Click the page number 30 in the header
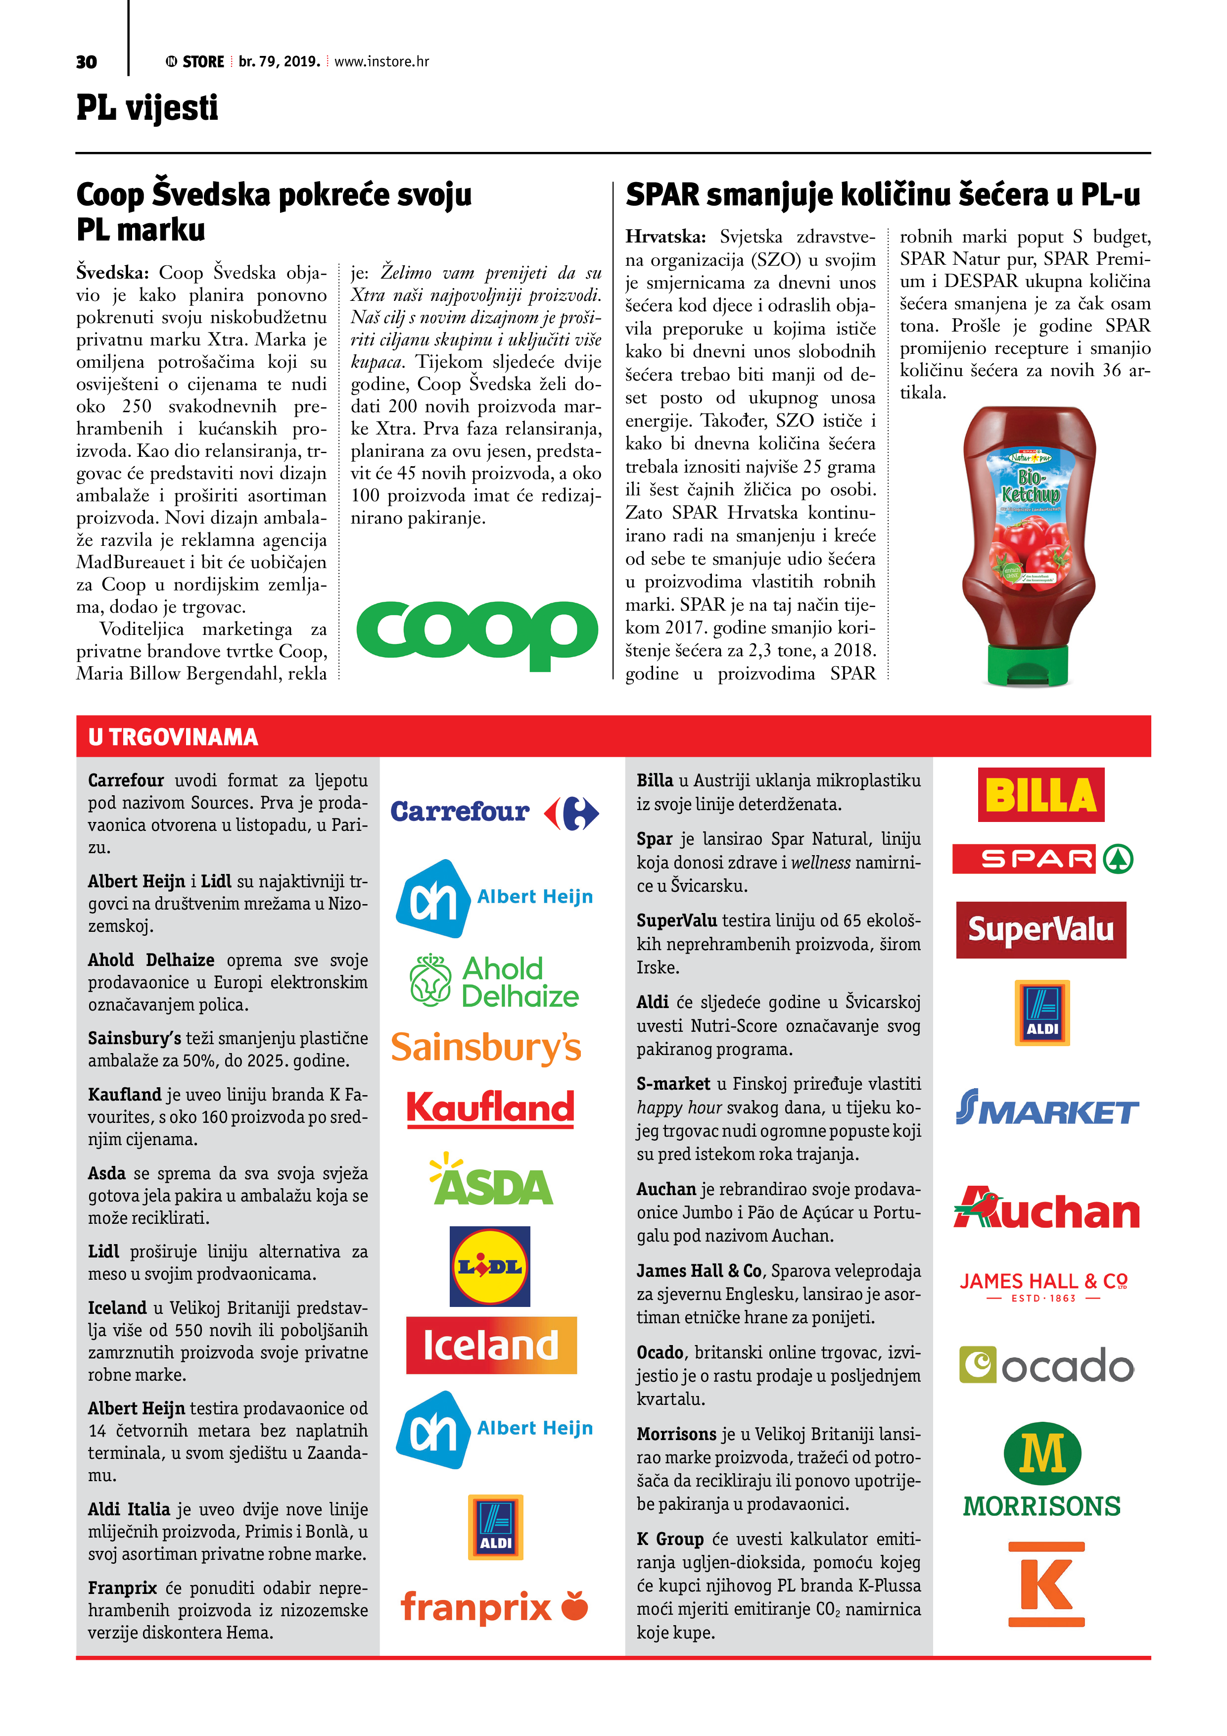tap(86, 62)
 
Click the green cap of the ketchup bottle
tap(1027, 666)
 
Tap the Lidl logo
tap(490, 1266)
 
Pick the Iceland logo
tap(491, 1345)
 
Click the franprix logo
tap(493, 1606)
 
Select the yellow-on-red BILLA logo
tap(1040, 795)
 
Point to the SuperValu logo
tap(1040, 929)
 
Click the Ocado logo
tap(1046, 1365)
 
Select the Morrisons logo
tap(1042, 1470)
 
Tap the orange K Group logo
tap(1046, 1585)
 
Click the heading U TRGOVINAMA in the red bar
tap(173, 737)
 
